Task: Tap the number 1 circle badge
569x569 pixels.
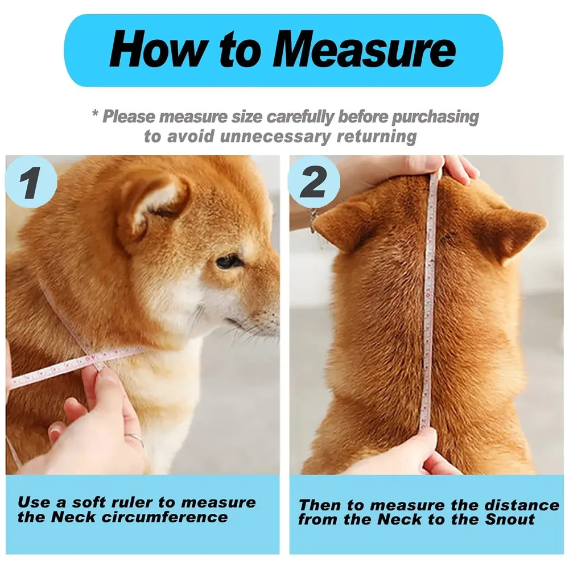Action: pos(31,182)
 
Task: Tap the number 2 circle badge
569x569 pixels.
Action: pos(314,182)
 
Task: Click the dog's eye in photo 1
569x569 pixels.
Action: pos(229,261)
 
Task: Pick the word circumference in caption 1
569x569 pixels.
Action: pos(164,517)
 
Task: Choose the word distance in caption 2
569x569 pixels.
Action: pos(522,505)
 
